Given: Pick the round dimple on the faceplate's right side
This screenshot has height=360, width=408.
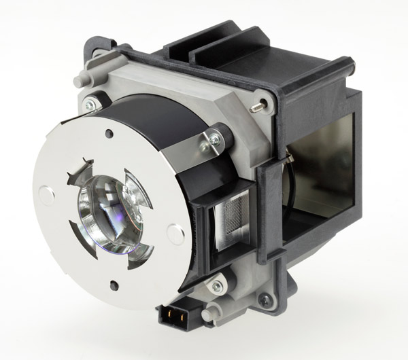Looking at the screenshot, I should point(176,235).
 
